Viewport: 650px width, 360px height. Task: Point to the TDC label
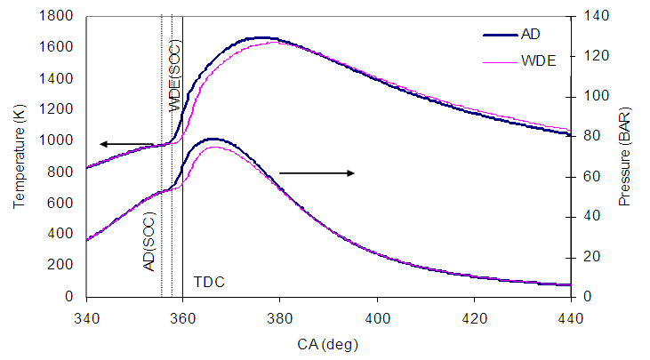(209, 282)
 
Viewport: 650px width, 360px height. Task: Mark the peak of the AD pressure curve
(212, 139)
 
